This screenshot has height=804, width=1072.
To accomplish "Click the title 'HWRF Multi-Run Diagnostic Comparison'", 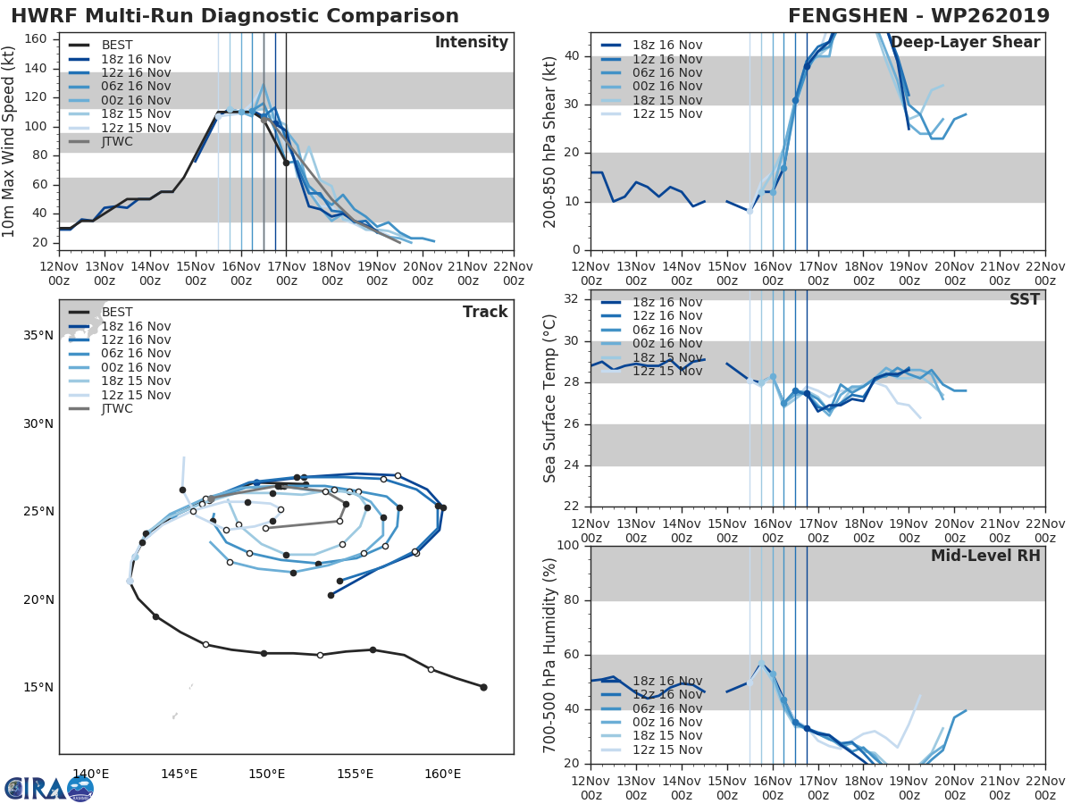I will tap(235, 16).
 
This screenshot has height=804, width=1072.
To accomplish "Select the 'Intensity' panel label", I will tap(471, 43).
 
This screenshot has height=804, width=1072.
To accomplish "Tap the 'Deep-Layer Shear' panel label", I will tap(965, 43).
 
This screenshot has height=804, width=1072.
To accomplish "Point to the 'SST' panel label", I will tap(1024, 300).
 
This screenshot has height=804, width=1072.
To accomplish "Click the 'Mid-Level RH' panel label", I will tap(985, 557).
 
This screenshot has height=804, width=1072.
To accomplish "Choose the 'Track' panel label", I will tap(485, 312).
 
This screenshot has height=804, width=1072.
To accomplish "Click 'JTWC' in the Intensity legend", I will tap(117, 141).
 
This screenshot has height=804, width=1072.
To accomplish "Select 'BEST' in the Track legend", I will tap(117, 312).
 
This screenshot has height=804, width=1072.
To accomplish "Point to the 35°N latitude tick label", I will tap(38, 336).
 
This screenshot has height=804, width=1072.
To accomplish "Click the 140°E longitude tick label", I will tap(91, 774).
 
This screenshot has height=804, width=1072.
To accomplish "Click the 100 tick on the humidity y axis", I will tap(568, 546).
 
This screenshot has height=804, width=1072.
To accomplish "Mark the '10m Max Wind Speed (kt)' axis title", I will tap(10, 144).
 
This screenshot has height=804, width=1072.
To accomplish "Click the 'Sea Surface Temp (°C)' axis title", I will tap(550, 398).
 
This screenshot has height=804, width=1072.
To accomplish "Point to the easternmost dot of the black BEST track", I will tap(483, 687).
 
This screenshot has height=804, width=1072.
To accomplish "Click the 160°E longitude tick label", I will tap(443, 774).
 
